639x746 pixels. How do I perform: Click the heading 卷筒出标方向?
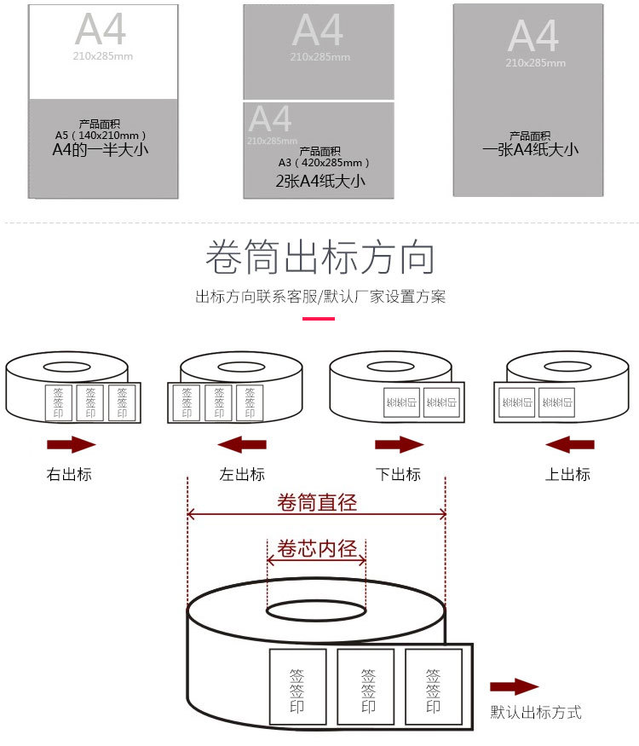pyautogui.click(x=319, y=257)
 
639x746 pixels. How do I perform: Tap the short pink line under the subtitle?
pyautogui.click(x=319, y=319)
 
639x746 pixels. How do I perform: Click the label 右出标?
pyautogui.click(x=69, y=474)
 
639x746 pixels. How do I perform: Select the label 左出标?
pyautogui.click(x=242, y=474)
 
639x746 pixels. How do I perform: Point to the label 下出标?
pyautogui.click(x=399, y=474)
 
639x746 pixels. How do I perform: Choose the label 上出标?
pyautogui.click(x=568, y=474)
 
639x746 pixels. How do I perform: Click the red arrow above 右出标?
pyautogui.click(x=71, y=444)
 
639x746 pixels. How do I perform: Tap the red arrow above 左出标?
pyautogui.click(x=242, y=444)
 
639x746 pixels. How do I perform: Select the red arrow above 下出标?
pyautogui.click(x=399, y=444)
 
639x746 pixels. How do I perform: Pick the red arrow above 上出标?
pyautogui.click(x=569, y=444)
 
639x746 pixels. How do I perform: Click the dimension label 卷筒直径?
pyautogui.click(x=317, y=502)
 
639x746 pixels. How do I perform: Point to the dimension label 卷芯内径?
pyautogui.click(x=317, y=548)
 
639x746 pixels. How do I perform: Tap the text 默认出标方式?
pyautogui.click(x=536, y=712)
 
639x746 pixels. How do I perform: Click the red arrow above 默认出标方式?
pyautogui.click(x=515, y=687)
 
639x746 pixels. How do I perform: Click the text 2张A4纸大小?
pyautogui.click(x=320, y=181)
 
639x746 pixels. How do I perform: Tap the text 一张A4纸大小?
pyautogui.click(x=530, y=149)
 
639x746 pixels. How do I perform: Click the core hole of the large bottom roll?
pyautogui.click(x=316, y=610)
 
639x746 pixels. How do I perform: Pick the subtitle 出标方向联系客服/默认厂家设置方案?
pyautogui.click(x=319, y=297)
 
